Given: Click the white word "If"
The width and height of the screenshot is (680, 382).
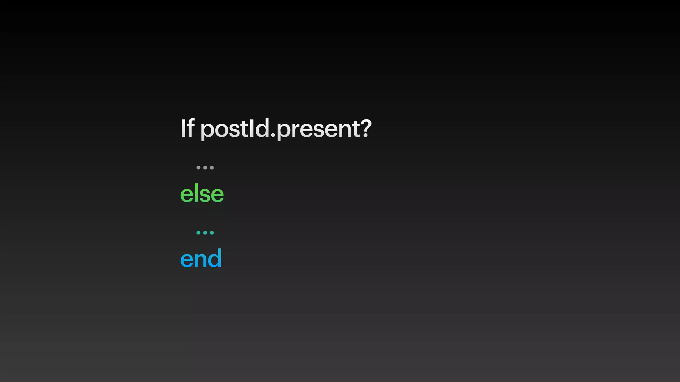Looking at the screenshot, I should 187,128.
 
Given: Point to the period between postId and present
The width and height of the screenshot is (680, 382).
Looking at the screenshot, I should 273,135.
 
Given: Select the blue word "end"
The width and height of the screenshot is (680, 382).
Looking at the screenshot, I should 201,258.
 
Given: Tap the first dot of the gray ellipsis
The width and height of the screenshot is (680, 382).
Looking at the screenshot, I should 199,168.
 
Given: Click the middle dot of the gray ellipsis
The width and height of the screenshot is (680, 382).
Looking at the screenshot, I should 205,168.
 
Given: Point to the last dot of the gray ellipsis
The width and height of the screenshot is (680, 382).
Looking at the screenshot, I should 212,168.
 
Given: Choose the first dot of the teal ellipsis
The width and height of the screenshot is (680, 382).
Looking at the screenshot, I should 199,233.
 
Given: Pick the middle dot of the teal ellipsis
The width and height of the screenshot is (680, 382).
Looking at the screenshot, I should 205,233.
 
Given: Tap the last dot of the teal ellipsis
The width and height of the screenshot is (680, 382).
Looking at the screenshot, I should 212,233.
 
